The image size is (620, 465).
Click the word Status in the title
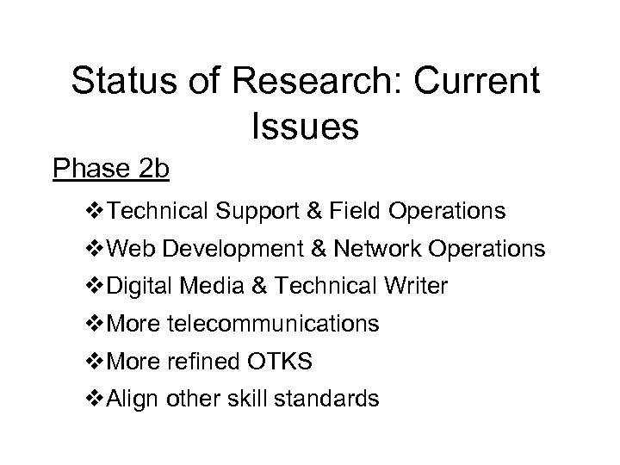pos(124,83)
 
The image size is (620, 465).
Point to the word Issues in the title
pos(306,126)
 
